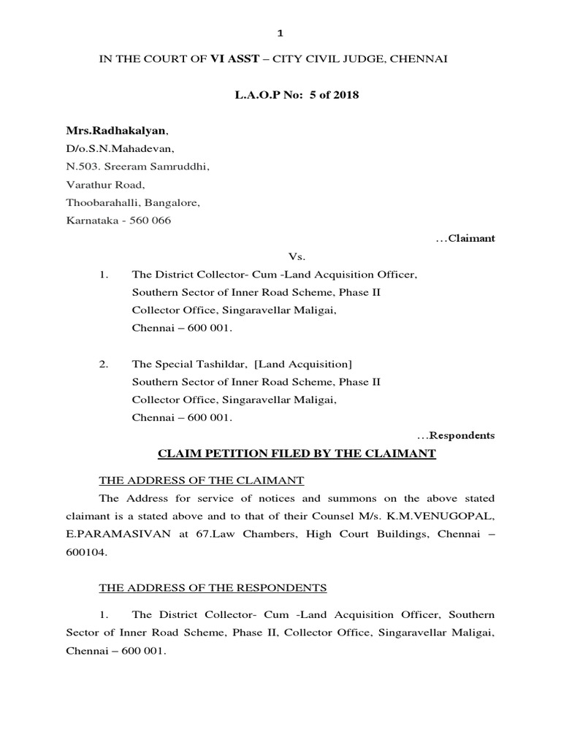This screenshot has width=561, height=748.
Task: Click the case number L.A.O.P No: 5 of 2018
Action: (280, 96)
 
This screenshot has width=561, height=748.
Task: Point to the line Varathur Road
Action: (106, 185)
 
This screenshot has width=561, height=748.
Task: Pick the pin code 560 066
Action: (150, 221)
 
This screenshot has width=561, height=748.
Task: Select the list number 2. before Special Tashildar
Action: (104, 364)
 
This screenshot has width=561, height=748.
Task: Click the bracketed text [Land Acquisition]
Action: (303, 364)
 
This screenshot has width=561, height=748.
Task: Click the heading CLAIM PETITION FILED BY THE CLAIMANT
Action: (297, 454)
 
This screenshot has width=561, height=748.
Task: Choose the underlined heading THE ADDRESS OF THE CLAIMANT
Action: (202, 480)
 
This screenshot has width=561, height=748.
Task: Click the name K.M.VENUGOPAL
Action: (452, 516)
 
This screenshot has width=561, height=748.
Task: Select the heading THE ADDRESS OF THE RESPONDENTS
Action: (213, 587)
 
